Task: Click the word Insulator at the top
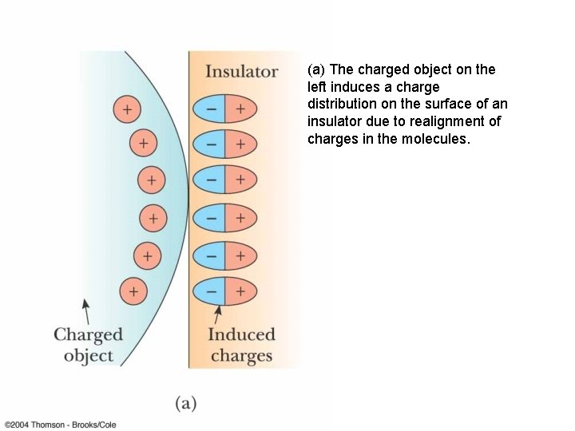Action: (x=241, y=72)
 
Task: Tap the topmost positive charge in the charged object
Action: (x=126, y=109)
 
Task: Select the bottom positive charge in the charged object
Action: (x=133, y=291)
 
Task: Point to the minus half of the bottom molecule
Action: (x=210, y=291)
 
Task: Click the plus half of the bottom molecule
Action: (x=240, y=291)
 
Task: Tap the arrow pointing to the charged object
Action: (x=86, y=310)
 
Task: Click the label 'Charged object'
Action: (x=88, y=345)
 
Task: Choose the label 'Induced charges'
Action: (x=241, y=345)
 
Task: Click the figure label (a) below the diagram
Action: (x=185, y=403)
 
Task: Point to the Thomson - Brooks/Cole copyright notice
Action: (x=60, y=425)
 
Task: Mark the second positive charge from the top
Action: (x=143, y=144)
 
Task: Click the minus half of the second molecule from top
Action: (x=210, y=144)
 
